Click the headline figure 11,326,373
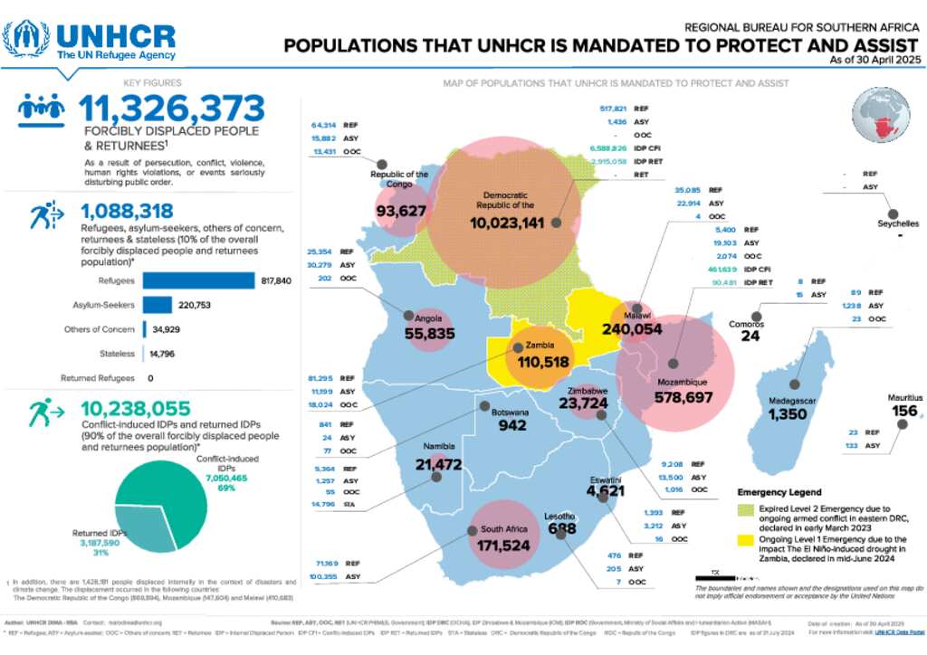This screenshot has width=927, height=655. tap(172, 109)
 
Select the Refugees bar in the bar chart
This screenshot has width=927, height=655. tap(198, 281)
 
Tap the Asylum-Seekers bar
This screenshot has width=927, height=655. tap(157, 305)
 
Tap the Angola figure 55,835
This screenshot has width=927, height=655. tap(429, 334)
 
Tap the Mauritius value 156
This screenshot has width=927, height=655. tap(904, 411)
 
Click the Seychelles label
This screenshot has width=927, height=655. tap(898, 223)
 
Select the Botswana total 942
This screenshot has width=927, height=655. tap(512, 425)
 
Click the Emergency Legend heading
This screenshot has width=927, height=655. tap(779, 492)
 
